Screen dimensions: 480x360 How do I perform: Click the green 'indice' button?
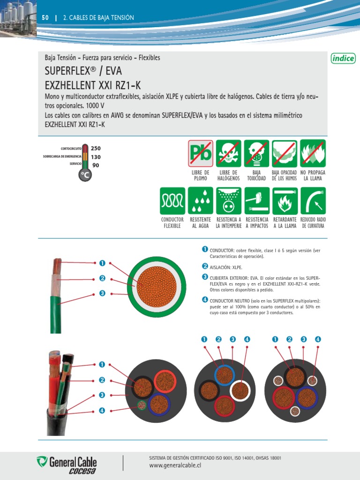343,58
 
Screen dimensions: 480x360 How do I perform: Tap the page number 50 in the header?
45,18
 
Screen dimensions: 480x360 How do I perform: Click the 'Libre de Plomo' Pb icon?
200,153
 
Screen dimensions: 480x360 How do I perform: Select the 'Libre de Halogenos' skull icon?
228,153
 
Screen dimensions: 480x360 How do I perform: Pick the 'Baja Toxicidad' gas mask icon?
256,153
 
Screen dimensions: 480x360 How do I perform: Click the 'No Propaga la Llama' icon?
313,153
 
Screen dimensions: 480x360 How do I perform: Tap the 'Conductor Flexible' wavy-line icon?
172,201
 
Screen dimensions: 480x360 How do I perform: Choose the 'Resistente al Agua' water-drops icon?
200,201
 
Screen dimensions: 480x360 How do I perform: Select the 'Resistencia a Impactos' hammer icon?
256,201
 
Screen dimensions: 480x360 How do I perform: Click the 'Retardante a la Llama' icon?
285,201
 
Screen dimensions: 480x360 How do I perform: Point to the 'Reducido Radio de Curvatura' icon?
313,201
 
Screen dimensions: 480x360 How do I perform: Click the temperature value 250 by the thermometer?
96,149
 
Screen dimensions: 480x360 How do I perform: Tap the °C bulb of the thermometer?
85,174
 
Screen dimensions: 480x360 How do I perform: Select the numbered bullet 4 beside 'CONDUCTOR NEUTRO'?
205,300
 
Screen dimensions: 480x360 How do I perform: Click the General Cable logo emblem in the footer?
42,462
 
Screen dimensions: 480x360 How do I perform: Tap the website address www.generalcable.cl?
174,466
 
